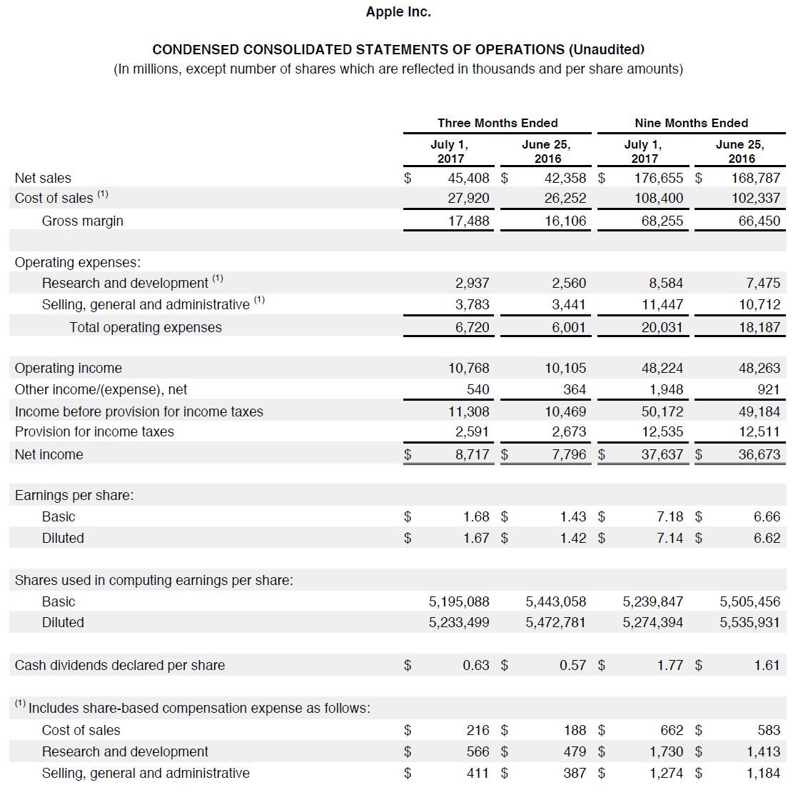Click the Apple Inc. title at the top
tap(398, 11)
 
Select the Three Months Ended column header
tap(497, 123)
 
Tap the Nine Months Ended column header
tap(691, 123)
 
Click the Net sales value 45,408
tap(469, 178)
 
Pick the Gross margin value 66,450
tap(759, 221)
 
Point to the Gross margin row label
tap(83, 221)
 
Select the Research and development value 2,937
tap(473, 283)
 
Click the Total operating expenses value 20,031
tap(662, 327)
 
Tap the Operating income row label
tap(69, 368)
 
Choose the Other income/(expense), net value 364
tap(574, 389)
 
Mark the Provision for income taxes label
tap(94, 431)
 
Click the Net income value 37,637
tap(662, 454)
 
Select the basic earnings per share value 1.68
tap(476, 516)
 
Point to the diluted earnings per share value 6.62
tap(767, 538)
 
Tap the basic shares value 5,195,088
tap(459, 601)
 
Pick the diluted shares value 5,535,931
tap(749, 622)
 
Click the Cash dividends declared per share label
tap(120, 665)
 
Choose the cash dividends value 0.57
tap(572, 665)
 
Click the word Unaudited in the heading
tap(606, 49)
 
